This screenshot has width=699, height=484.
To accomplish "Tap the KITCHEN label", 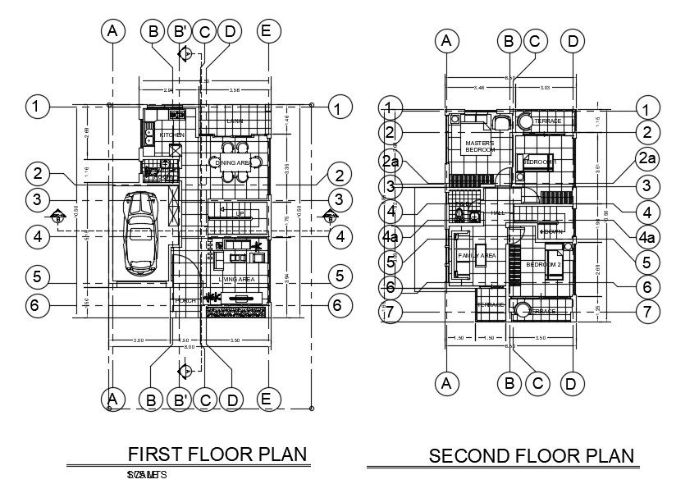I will (171, 135).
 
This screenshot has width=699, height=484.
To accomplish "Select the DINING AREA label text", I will (233, 162).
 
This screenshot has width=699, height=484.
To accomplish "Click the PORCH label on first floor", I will (185, 301).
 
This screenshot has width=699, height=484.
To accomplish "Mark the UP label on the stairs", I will (240, 213).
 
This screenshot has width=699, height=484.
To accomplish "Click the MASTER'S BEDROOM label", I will (480, 147).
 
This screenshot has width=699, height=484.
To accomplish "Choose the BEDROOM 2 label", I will (542, 265).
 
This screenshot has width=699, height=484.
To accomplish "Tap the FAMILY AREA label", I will (477, 256).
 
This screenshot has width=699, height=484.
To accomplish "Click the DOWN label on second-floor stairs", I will (551, 232).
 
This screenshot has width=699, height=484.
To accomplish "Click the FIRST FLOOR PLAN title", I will (217, 454).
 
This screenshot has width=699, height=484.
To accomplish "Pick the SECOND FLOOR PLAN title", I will (532, 455).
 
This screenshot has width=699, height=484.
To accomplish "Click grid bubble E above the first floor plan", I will (264, 31).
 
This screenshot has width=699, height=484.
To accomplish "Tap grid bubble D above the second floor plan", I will (573, 40).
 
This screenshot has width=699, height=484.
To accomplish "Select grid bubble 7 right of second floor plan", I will (647, 313).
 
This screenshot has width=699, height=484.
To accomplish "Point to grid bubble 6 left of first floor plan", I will (34, 305).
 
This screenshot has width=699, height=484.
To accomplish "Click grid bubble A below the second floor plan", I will (445, 382).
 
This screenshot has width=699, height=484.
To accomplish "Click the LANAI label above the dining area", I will (235, 121).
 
